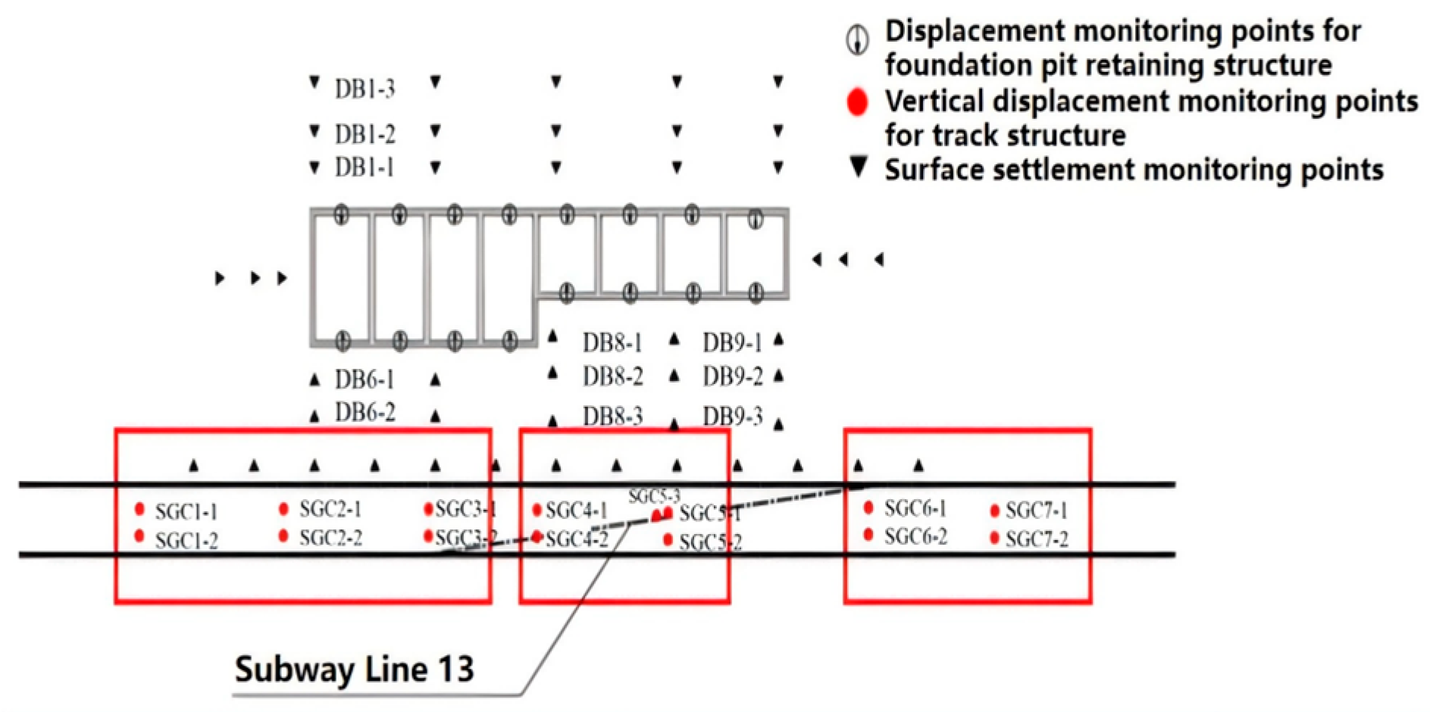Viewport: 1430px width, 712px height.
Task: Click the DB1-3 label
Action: coord(365,89)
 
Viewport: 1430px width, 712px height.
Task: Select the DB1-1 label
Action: coord(365,167)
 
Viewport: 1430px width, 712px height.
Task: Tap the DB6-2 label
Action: coord(365,413)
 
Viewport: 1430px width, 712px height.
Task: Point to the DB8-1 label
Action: coord(612,343)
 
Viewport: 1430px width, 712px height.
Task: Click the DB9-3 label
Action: coord(732,417)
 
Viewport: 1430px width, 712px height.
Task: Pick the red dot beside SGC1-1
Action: coord(139,508)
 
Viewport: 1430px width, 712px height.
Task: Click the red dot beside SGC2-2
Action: coord(283,536)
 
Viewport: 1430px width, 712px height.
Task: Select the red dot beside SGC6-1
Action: coord(868,507)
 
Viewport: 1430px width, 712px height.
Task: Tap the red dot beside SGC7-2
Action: coord(994,539)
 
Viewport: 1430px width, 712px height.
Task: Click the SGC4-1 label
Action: coord(576,511)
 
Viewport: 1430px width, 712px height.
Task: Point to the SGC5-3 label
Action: coord(653,497)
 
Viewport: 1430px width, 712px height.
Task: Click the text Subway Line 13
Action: coord(354,670)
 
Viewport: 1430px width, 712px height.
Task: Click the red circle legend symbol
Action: coord(857,101)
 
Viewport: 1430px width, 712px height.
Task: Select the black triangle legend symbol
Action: coord(858,167)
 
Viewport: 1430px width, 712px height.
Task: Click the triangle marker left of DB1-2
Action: coord(314,132)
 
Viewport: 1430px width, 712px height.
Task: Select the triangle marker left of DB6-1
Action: coord(314,379)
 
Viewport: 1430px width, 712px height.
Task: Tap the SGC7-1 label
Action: coord(1036,511)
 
